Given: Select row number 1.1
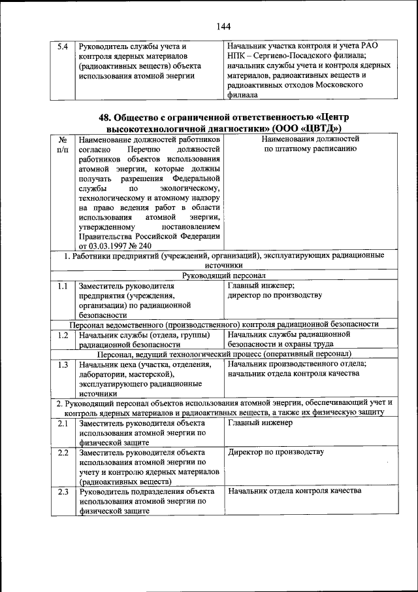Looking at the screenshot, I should point(63,286).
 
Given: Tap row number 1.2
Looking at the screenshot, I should point(63,335).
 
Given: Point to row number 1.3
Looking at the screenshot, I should point(63,364).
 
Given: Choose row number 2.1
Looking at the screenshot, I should point(63,423).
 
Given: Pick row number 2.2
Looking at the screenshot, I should point(63,453).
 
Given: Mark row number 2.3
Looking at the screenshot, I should point(63,491).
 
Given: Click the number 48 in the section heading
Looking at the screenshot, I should point(104,117).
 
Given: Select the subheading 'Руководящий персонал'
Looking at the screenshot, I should point(224,275).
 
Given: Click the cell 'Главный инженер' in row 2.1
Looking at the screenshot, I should point(261,423).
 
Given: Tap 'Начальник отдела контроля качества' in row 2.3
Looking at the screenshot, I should point(294,491).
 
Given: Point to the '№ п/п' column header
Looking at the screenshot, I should point(63,144).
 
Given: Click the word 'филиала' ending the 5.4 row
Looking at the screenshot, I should point(243,94).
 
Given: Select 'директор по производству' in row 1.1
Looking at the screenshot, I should point(275,296).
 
